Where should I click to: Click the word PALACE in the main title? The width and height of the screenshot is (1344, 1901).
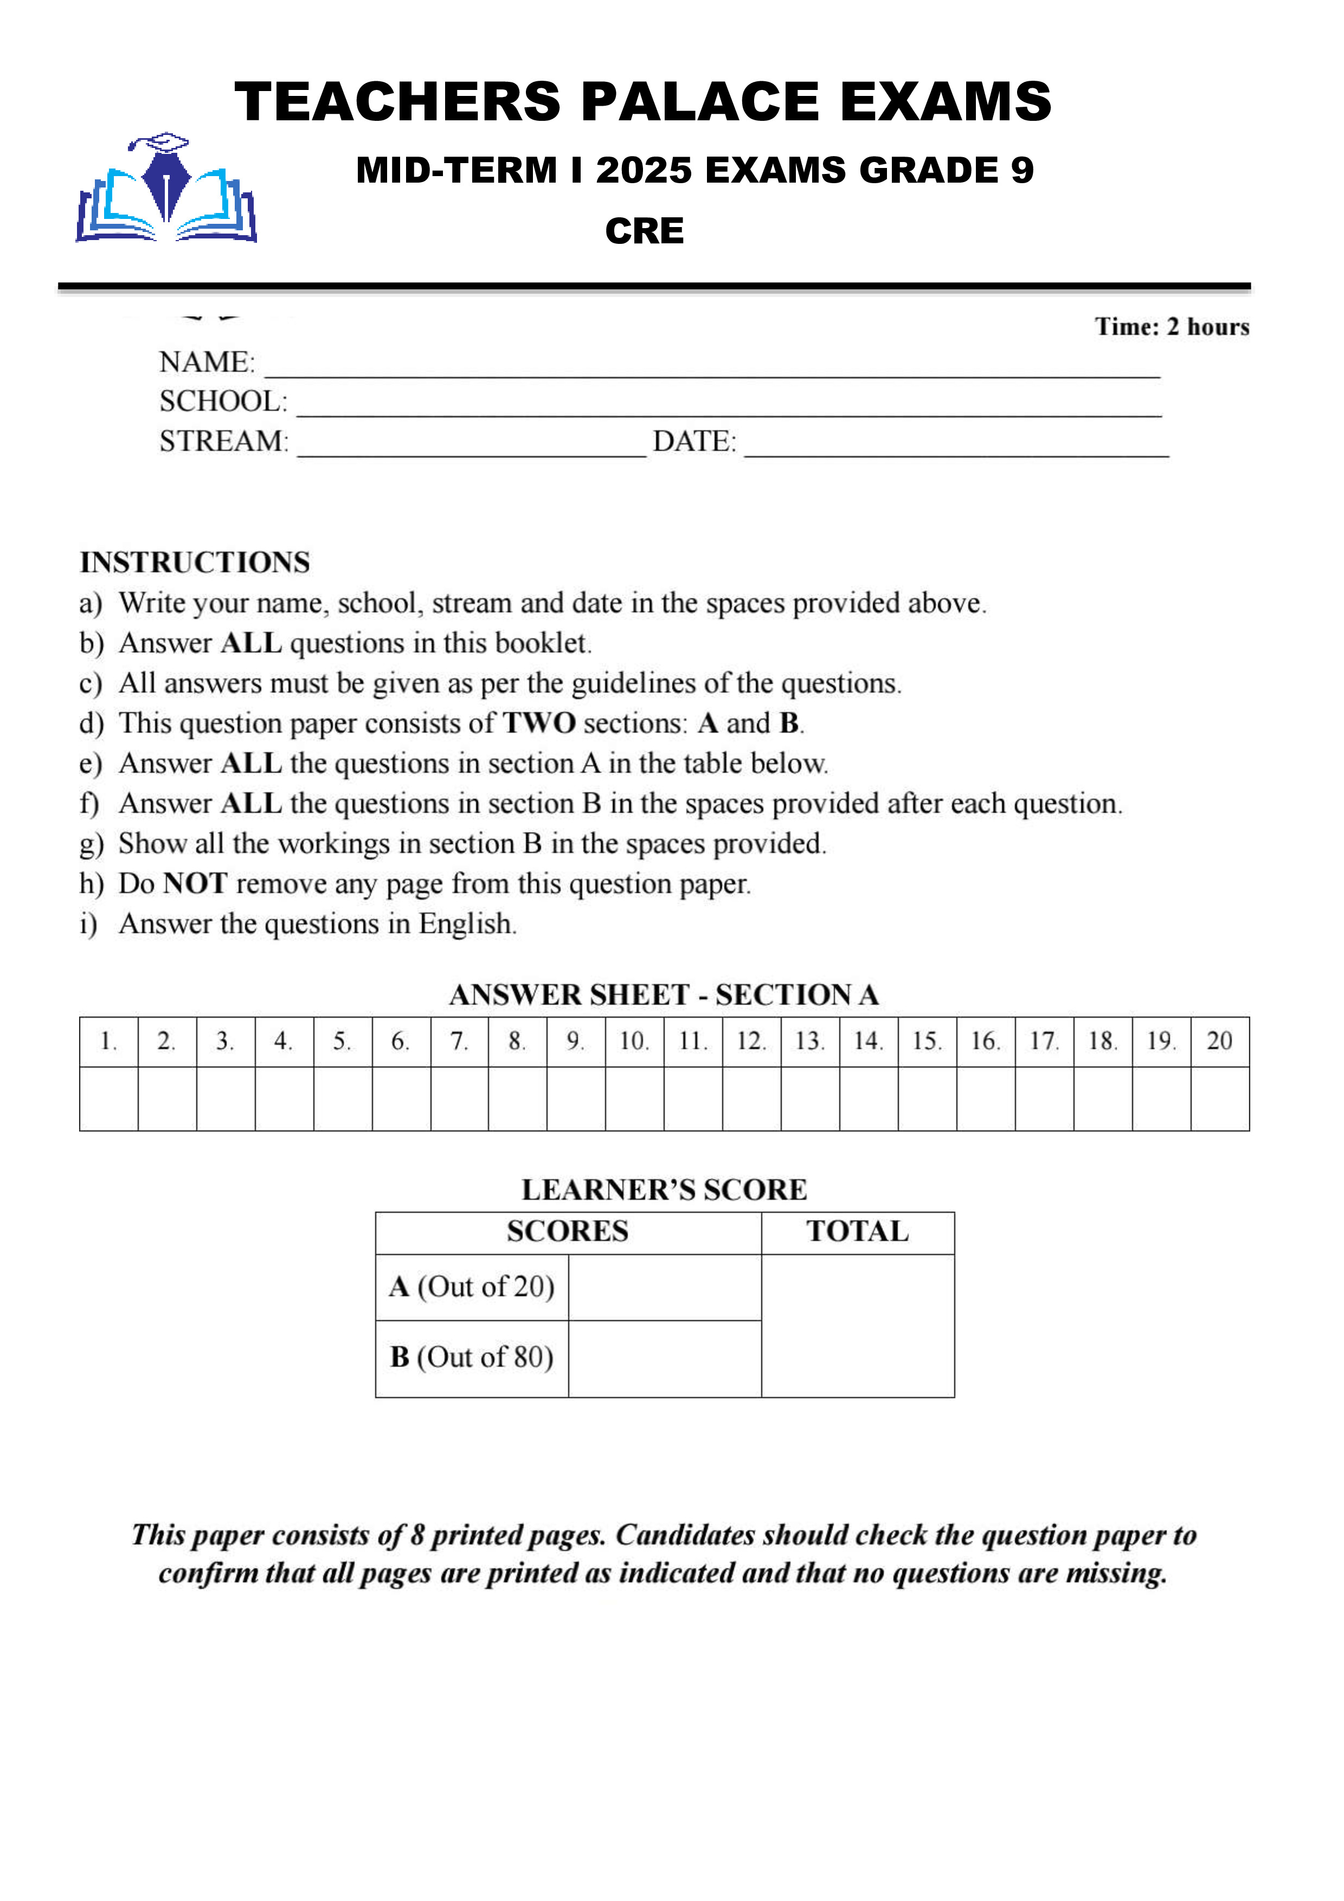[x=700, y=102]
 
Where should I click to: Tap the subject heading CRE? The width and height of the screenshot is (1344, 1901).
[x=644, y=231]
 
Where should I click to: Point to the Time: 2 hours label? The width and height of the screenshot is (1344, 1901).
[x=1171, y=327]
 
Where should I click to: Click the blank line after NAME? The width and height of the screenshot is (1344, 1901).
[x=712, y=368]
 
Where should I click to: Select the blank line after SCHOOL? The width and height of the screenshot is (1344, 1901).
[x=729, y=408]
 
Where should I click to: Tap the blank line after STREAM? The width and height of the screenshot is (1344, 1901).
[x=472, y=447]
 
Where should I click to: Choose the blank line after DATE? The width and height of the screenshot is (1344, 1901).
[x=956, y=447]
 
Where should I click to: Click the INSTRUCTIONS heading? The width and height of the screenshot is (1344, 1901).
[x=195, y=562]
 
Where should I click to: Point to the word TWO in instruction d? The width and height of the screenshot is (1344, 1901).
[x=539, y=723]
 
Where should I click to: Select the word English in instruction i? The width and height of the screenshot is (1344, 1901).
[x=466, y=924]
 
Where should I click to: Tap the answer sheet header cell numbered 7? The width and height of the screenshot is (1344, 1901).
[x=459, y=1042]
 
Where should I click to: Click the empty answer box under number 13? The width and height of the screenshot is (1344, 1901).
[x=810, y=1098]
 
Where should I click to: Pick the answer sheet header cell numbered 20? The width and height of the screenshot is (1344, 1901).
[x=1220, y=1042]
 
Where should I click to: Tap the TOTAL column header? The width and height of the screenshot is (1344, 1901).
[x=857, y=1232]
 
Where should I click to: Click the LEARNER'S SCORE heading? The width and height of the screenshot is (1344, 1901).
[x=664, y=1190]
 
